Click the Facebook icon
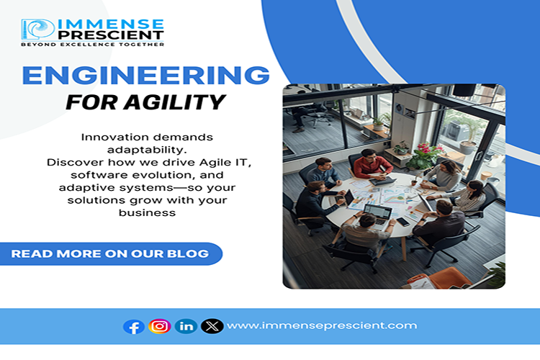pos(134,326)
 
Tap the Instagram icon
pos(160,326)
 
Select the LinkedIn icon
pos(186,326)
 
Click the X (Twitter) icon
pos(212,326)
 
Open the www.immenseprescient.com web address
pos(321,325)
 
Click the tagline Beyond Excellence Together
pos(92,45)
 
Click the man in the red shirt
pos(372,166)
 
